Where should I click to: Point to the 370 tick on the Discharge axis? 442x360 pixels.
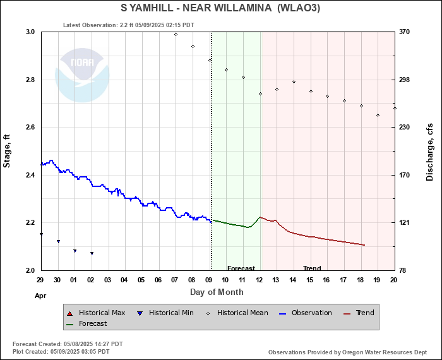coord(405,32)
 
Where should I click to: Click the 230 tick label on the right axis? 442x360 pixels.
coord(405,127)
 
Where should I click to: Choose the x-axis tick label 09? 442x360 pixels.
coord(209,280)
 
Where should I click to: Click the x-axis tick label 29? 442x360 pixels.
coord(40,280)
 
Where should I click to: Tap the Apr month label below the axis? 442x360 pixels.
coord(40,295)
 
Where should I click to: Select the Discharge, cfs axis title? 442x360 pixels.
coord(430,151)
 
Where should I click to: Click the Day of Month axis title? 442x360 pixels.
coord(217,292)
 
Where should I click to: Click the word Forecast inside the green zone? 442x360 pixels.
coord(241,268)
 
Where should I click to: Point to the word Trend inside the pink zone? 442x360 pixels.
coord(312,268)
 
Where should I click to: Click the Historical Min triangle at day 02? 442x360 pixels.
coord(92,253)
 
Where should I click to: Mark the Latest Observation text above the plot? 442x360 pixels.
coord(129,25)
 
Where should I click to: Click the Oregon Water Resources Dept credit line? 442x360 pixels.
coord(347,352)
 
